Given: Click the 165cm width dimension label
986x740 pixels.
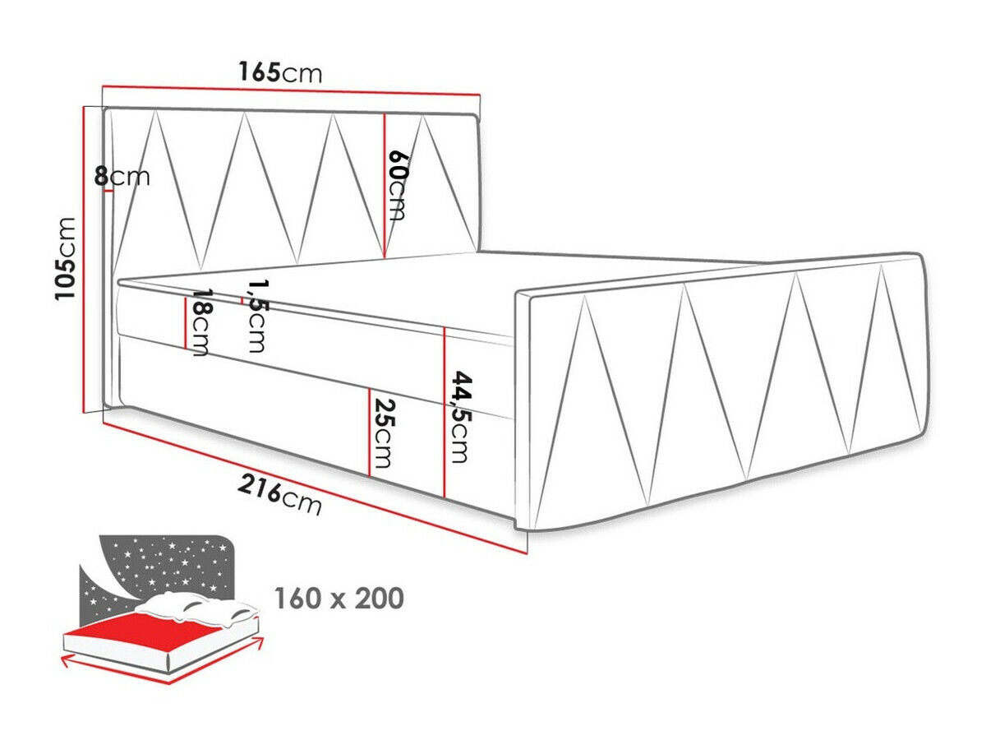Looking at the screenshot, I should point(280,72).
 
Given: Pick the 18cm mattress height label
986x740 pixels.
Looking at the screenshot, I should point(199,322).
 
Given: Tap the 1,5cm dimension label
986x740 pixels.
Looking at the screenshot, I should point(256,314).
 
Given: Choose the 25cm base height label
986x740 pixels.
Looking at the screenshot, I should point(383,433).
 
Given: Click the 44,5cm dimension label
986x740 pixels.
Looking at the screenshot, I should point(462,416).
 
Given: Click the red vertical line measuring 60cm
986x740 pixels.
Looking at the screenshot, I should point(385,185).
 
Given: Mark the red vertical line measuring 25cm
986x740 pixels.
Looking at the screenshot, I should point(369,432).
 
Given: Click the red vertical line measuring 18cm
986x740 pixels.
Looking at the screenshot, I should point(184,321).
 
